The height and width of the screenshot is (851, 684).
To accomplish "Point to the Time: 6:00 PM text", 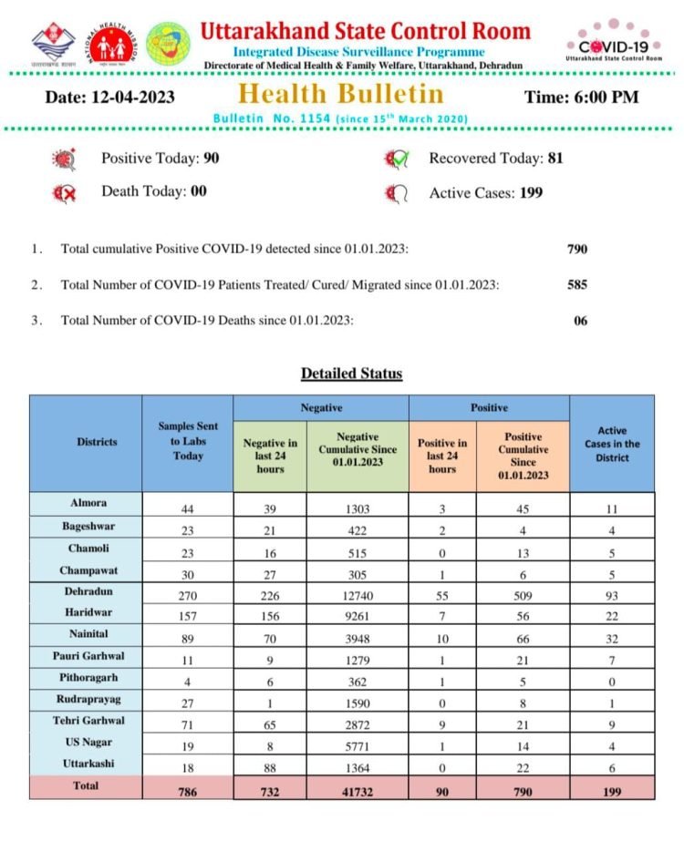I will click(x=582, y=96).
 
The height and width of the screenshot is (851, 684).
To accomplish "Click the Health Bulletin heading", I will click(x=341, y=94).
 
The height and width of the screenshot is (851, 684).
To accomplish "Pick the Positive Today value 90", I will click(x=212, y=158).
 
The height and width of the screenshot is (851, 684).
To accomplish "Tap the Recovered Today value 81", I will click(x=555, y=158).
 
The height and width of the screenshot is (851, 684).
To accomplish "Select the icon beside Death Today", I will click(x=65, y=193).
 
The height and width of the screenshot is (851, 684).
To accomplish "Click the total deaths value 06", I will click(x=581, y=320).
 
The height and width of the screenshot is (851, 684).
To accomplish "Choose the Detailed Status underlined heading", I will click(x=351, y=374).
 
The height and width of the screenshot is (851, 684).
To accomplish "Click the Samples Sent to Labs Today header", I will click(x=188, y=441).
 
